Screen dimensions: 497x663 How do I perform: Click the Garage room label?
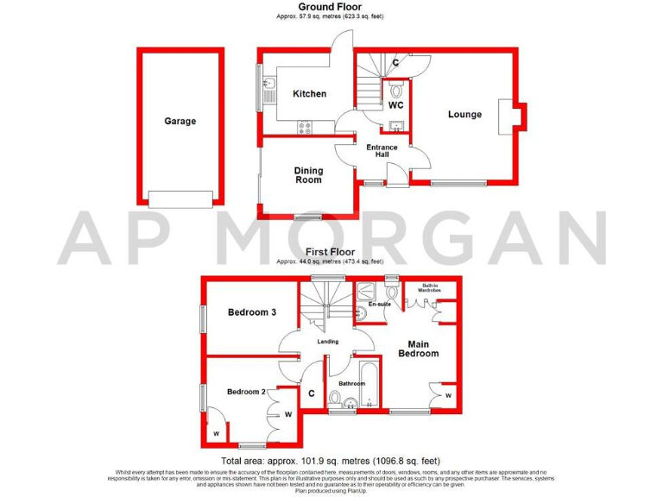pyautogui.click(x=180, y=122)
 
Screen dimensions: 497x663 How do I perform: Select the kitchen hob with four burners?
pyautogui.click(x=305, y=127)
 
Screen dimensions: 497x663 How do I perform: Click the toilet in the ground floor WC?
pyautogui.click(x=396, y=89)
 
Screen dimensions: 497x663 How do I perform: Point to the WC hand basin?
pyautogui.click(x=396, y=127)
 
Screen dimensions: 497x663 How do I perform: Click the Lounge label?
pyautogui.click(x=464, y=115)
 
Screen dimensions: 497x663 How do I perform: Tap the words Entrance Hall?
pyautogui.click(x=382, y=151)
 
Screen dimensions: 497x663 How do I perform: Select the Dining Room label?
pyautogui.click(x=308, y=175)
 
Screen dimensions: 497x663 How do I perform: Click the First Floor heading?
pyautogui.click(x=331, y=252)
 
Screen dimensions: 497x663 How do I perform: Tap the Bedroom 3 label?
pyautogui.click(x=251, y=312)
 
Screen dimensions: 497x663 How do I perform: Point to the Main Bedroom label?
pyautogui.click(x=418, y=349)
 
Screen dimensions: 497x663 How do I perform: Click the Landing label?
pyautogui.click(x=328, y=342)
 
